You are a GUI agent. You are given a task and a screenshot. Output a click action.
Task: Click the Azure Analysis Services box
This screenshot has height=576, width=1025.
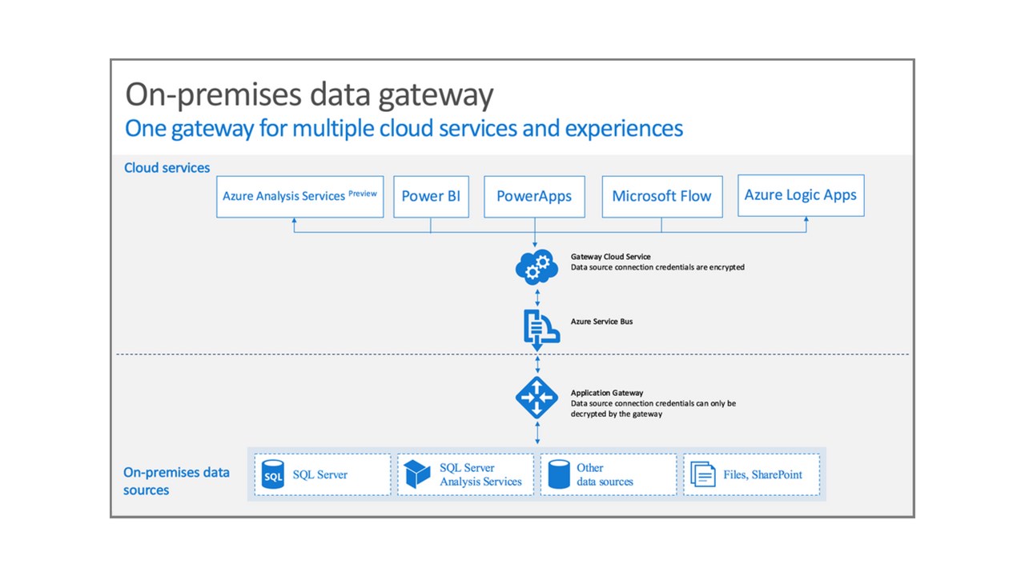click(x=299, y=197)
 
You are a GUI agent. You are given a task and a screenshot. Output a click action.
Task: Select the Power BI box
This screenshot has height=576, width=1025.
click(x=431, y=197)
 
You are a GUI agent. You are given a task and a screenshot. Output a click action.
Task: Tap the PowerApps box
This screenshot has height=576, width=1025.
click(x=534, y=197)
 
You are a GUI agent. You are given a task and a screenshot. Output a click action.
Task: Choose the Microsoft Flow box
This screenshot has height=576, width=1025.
click(x=662, y=197)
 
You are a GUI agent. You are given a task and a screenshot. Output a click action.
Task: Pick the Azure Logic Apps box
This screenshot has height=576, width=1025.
click(x=801, y=195)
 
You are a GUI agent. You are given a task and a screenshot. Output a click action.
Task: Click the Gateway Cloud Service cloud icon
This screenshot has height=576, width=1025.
click(x=537, y=267)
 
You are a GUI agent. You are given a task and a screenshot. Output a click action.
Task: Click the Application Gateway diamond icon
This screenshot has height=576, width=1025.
click(x=537, y=398)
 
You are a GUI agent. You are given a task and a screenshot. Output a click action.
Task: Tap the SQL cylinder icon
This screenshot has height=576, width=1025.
click(x=273, y=474)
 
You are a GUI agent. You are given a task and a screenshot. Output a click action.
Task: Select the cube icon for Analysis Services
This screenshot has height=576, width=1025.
click(x=417, y=474)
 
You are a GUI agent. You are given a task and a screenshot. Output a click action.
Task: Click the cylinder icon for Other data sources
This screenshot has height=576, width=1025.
click(x=559, y=474)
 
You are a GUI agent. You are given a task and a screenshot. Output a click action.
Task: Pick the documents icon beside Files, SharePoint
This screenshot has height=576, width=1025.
click(x=703, y=474)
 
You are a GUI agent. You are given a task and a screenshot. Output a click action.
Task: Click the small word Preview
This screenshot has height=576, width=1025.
click(x=363, y=194)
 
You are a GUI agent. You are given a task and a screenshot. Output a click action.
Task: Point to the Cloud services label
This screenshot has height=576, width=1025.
click(x=167, y=168)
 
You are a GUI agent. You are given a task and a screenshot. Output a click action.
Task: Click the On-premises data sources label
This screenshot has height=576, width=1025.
click(x=176, y=481)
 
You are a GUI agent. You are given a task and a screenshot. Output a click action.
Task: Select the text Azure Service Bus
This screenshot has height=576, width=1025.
click(x=601, y=322)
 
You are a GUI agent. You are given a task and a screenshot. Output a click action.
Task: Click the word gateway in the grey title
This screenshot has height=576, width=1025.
click(x=436, y=95)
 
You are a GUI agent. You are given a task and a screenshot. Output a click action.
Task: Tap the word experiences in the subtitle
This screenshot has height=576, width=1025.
click(x=624, y=129)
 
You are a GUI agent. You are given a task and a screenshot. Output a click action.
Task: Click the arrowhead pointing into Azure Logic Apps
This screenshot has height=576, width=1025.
click(x=806, y=219)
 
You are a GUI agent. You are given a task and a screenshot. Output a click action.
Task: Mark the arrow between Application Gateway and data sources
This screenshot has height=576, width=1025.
click(x=537, y=433)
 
